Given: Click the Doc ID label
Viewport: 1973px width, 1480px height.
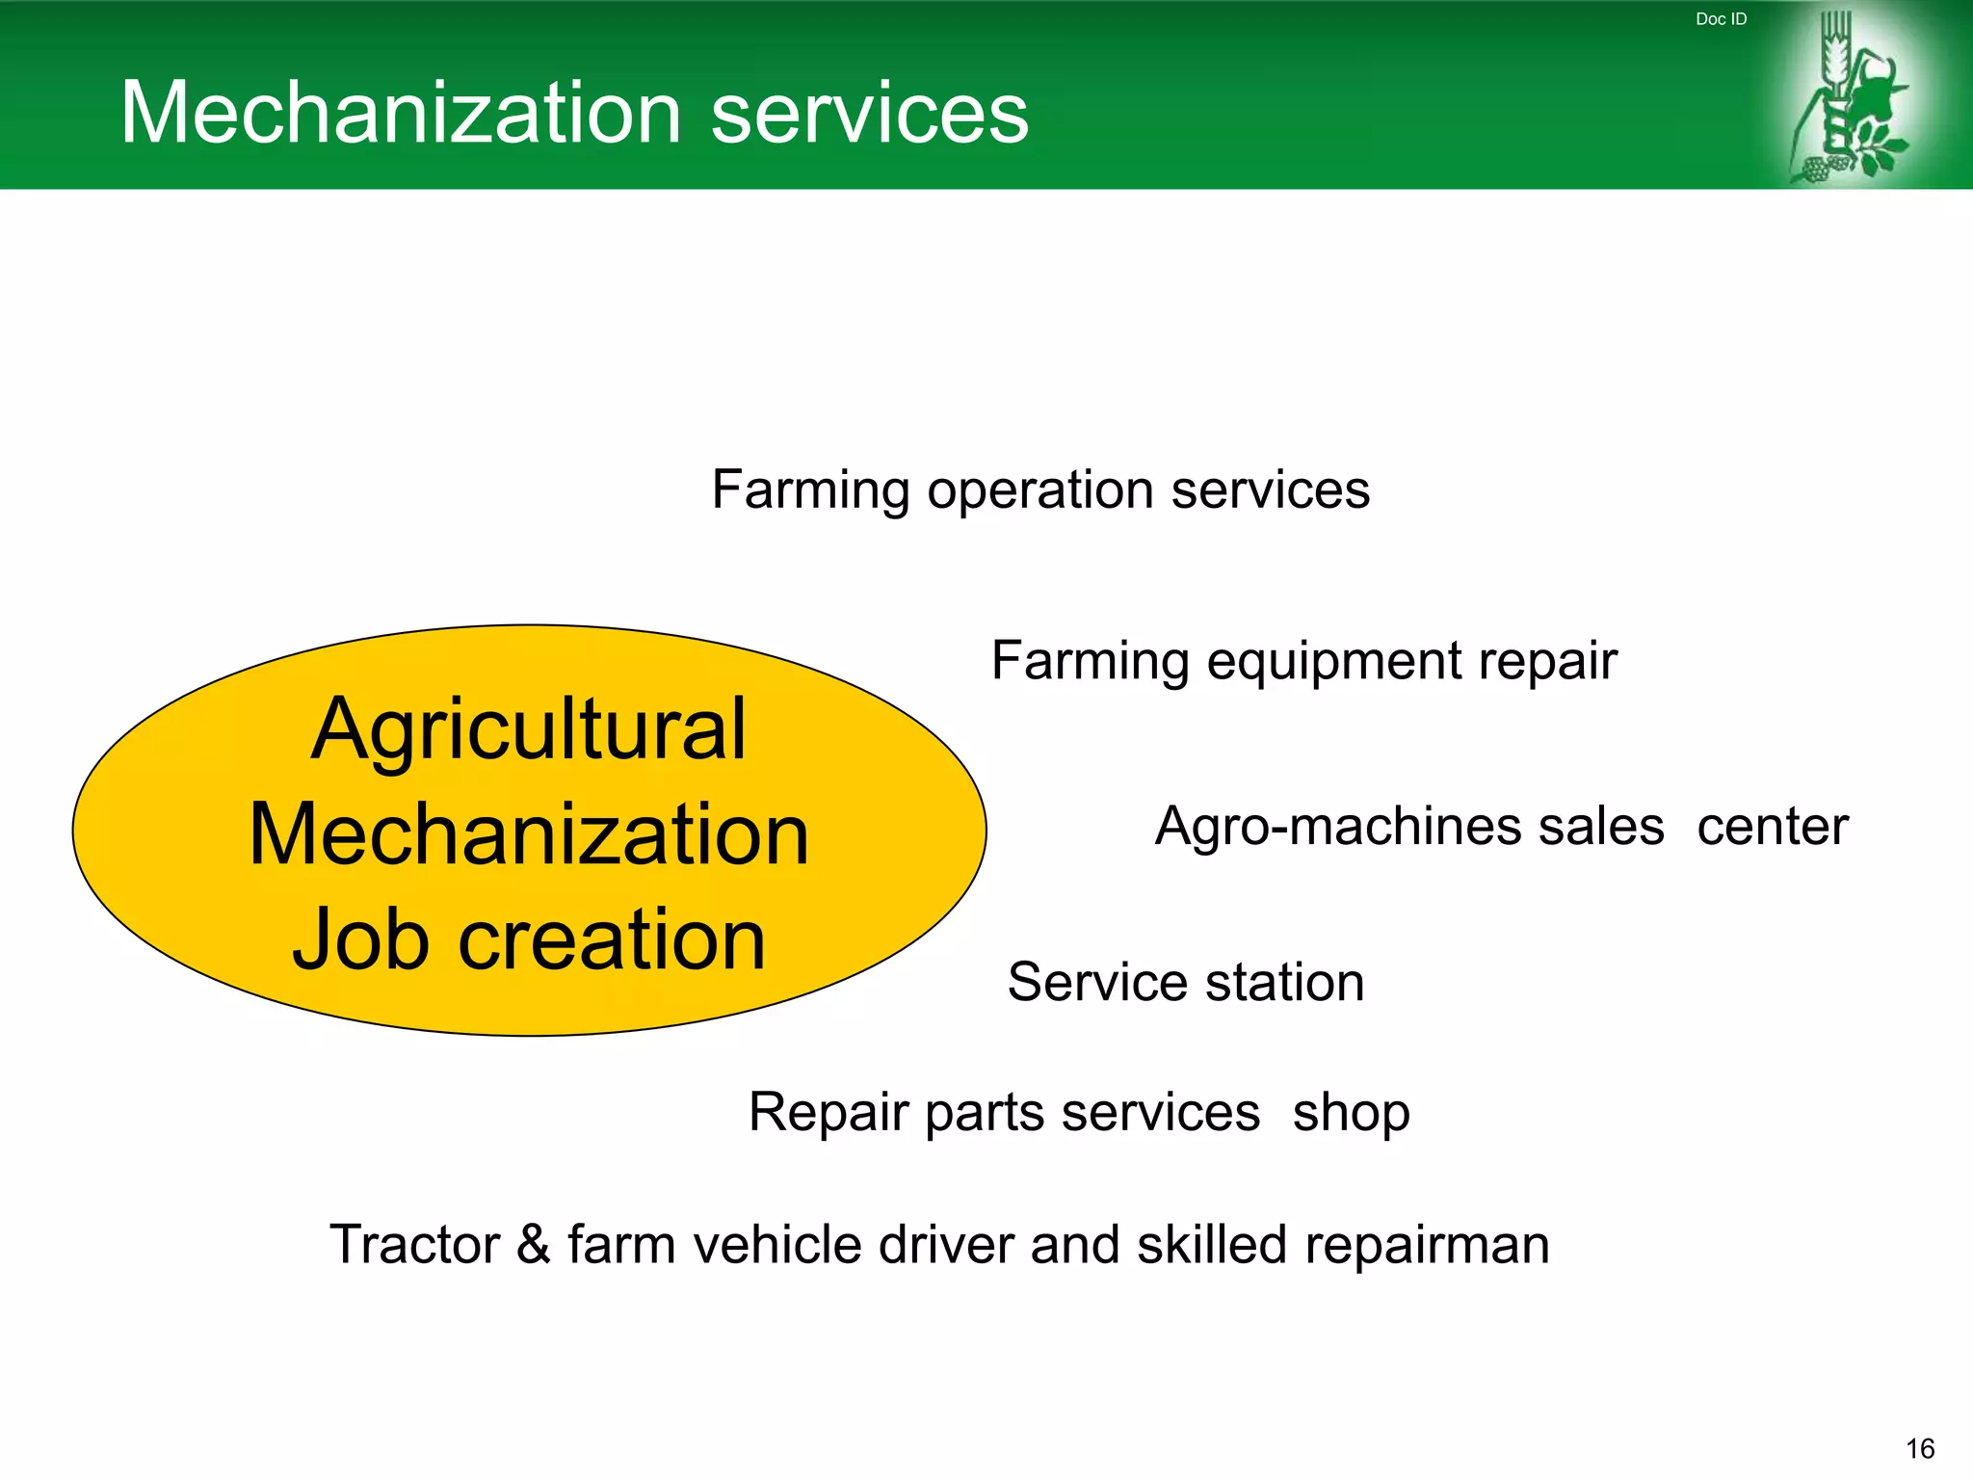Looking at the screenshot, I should point(1721,19).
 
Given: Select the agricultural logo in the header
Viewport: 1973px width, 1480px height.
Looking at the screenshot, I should point(1849,96).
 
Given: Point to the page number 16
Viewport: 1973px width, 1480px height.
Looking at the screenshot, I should point(1920,1448).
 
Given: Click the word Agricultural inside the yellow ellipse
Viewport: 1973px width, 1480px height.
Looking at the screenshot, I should point(528,729).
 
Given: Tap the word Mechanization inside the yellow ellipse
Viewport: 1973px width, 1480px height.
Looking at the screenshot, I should point(529,834).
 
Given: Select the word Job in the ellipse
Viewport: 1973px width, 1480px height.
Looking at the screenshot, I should point(360,939).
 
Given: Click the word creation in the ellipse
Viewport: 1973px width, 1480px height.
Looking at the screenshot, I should point(612,939).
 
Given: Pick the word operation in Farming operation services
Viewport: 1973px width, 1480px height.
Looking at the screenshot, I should point(1041,491).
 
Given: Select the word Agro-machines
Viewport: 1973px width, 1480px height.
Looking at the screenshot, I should point(1409,827).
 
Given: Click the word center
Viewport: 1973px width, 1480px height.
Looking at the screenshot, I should point(1773,827).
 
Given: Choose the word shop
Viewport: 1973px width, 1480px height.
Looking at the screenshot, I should point(1351,1114).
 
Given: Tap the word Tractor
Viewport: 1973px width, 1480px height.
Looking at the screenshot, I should point(414,1244).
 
